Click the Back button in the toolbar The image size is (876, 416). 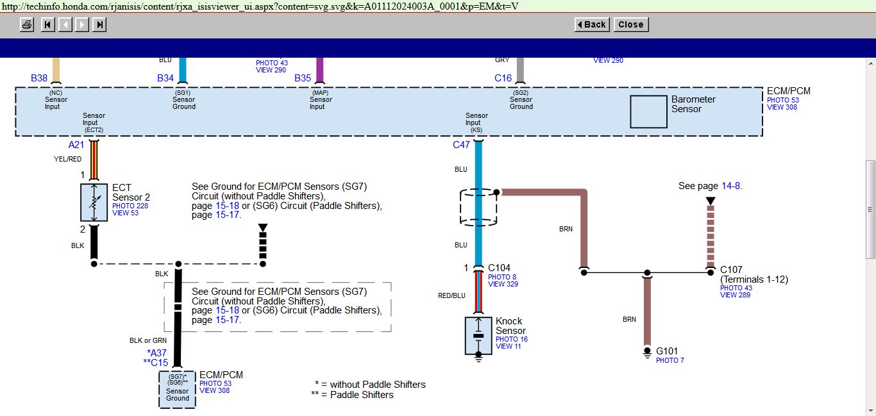tap(592, 24)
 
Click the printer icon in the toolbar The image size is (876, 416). tap(27, 24)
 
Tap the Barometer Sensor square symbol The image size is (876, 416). tap(648, 112)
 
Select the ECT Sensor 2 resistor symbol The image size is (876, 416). tap(94, 203)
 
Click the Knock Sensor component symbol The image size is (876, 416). tap(478, 335)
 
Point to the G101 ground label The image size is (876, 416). tap(667, 351)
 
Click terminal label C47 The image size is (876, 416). tap(461, 145)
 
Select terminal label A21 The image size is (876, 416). tap(76, 145)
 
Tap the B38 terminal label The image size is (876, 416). tap(39, 78)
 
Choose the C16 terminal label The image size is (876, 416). tap(503, 78)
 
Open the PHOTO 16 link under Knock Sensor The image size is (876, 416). tap(511, 339)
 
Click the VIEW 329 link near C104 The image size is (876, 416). tap(503, 284)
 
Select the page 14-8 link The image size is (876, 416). tap(730, 186)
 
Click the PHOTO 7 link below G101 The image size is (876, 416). tap(670, 360)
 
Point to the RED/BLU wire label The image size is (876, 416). tap(451, 295)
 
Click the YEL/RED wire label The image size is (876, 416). tap(68, 159)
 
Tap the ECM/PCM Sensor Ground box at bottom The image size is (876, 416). tap(178, 389)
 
